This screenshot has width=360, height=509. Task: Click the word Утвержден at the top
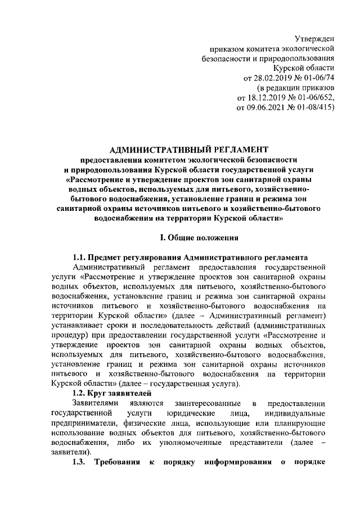tap(314, 38)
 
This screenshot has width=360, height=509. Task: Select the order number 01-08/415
tap(313, 108)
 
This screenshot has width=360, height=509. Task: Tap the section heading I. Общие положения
tap(191, 238)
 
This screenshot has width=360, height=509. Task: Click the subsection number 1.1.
tap(80, 256)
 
